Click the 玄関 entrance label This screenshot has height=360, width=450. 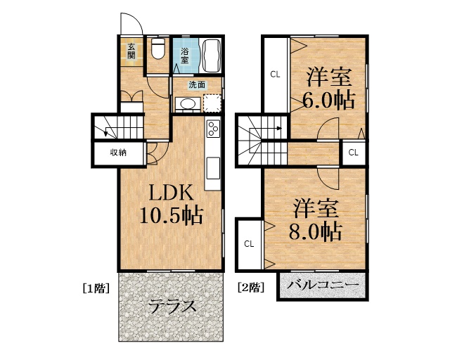point(131,51)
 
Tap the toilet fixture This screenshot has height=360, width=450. point(158,51)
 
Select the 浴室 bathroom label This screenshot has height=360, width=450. point(185,55)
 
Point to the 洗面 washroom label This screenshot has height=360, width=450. point(197,85)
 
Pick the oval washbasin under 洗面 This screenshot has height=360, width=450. point(186,104)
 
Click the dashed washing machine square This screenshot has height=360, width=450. point(212,103)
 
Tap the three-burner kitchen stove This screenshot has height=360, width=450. point(212,129)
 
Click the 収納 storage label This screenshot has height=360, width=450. point(117,153)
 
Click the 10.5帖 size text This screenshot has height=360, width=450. point(172,215)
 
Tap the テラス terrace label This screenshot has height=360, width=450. point(172,307)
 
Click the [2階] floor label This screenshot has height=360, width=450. point(251,288)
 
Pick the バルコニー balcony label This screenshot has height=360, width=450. point(323,285)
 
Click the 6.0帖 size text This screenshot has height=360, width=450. point(329,99)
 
